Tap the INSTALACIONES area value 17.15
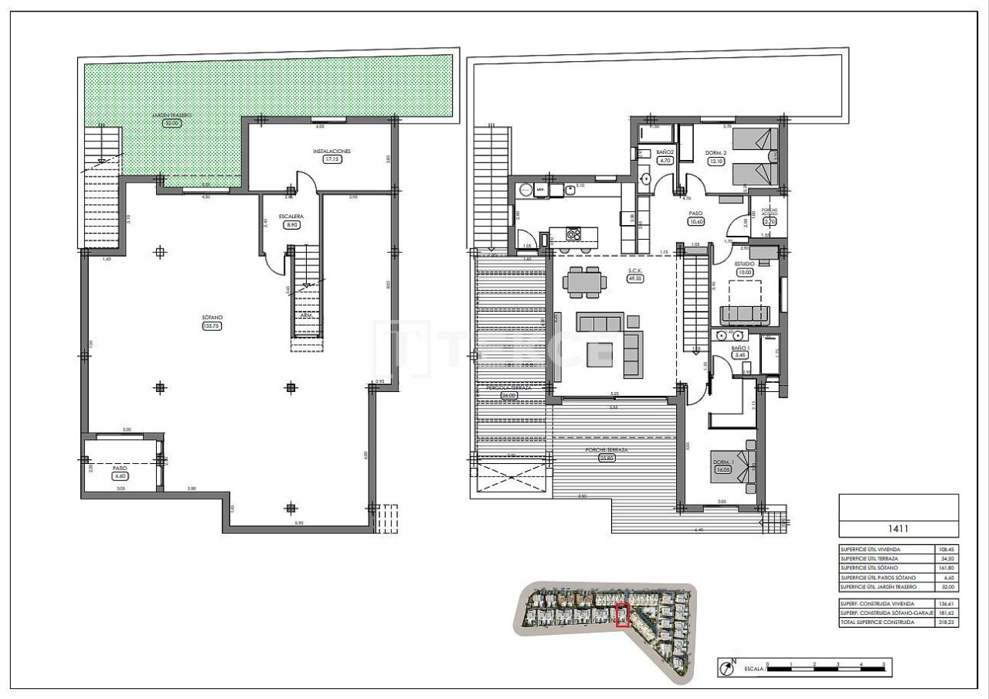[331, 159]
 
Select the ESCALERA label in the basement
[291, 217]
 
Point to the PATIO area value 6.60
[120, 476]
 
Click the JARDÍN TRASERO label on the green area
[171, 115]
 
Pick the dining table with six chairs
[583, 281]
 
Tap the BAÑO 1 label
[740, 348]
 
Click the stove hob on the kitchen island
[573, 233]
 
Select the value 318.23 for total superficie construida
[944, 622]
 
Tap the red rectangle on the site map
[622, 615]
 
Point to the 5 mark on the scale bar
[883, 664]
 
